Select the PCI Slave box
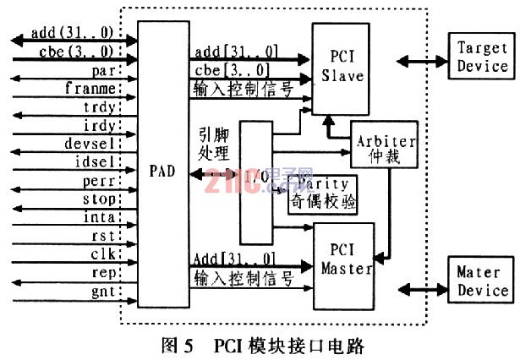coord(342,67)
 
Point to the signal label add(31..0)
coord(71,33)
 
